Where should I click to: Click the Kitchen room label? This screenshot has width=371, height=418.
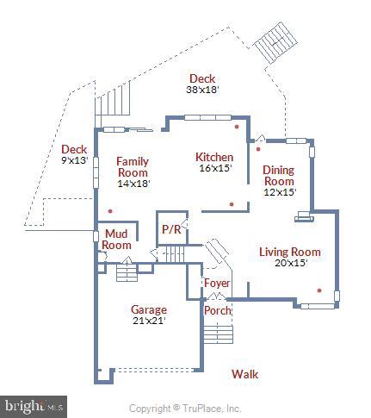[x=214, y=157]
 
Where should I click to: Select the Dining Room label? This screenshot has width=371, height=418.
[x=279, y=176]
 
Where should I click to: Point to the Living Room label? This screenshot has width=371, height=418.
[x=290, y=252]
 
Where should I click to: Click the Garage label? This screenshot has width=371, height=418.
[x=149, y=309]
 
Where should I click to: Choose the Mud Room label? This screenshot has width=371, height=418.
[x=117, y=239]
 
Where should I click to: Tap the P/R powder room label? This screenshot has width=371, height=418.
[x=171, y=230]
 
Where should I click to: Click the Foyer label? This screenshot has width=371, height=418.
[x=216, y=283]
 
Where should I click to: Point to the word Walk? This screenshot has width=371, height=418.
[x=244, y=374]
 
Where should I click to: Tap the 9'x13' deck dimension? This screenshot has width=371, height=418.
[x=75, y=160]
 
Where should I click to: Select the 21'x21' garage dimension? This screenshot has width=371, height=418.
[x=148, y=321]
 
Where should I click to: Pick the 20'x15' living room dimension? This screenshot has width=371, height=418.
[x=290, y=263]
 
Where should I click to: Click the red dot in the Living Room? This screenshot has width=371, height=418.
[x=319, y=290]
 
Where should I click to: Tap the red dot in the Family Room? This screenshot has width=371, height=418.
[x=109, y=209]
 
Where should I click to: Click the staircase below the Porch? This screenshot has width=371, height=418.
[x=218, y=332]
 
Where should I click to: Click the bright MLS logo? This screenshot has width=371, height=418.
[x=34, y=403]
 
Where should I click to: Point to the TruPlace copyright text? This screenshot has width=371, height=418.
[x=185, y=408]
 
